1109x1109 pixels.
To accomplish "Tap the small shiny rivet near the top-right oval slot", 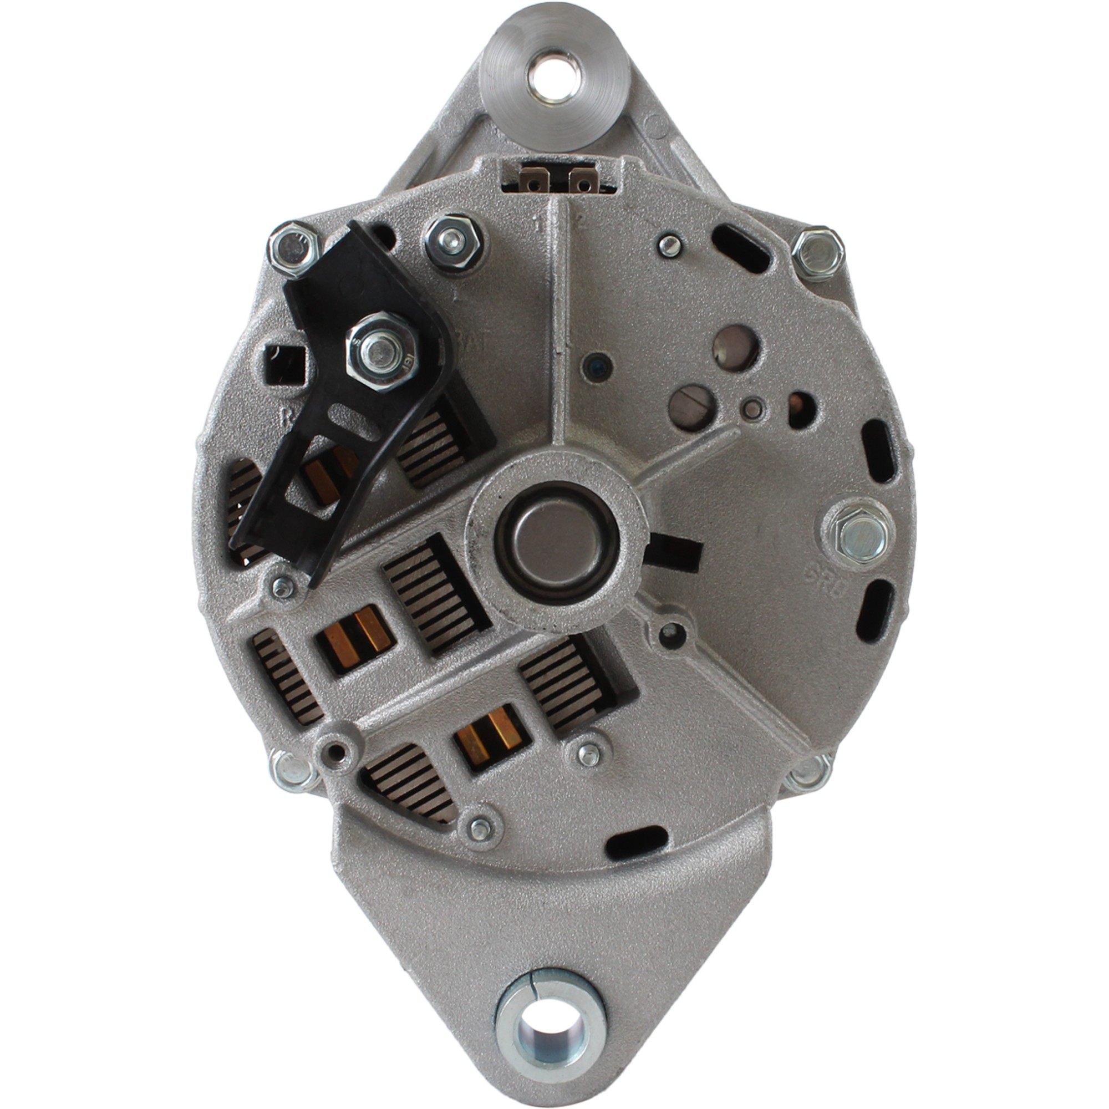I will pos(669,246).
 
